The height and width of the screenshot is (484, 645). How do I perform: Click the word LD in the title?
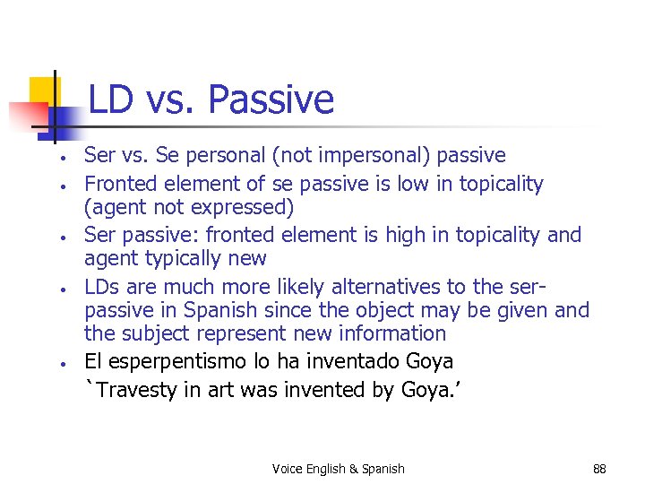point(110,99)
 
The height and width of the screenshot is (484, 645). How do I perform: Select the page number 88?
point(599,469)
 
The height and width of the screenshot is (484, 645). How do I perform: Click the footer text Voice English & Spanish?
point(339,469)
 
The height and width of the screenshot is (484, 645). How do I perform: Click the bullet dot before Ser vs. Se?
point(56,159)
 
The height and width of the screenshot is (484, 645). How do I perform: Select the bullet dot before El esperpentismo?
point(56,364)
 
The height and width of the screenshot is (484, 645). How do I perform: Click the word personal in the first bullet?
point(219,156)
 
